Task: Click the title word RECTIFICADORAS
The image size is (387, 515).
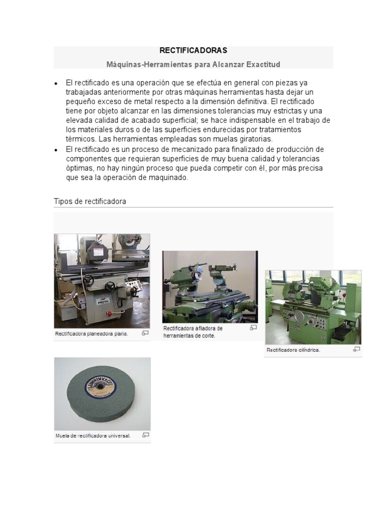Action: coord(193,50)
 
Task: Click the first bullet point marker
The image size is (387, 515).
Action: coord(56,83)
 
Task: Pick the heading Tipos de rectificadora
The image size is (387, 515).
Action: coord(90,201)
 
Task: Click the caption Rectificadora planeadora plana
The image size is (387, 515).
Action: coord(92,333)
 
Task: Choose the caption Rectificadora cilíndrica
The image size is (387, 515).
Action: coord(293,350)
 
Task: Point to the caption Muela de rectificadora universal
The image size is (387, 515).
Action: coord(93,436)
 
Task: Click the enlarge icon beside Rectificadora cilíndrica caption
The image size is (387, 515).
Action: coord(357,349)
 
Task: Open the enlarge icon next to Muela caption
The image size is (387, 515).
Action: coord(146,435)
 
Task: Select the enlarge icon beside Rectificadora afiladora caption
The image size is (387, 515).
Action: coord(253,327)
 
